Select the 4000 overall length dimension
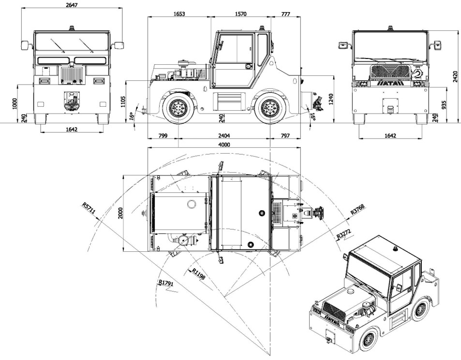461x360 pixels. [x=224, y=144]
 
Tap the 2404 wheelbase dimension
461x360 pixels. [x=224, y=136]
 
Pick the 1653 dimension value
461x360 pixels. [x=179, y=14]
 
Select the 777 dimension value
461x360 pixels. [x=285, y=14]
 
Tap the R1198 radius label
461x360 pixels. [x=199, y=274]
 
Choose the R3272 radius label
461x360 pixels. [x=344, y=235]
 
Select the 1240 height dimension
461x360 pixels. [x=331, y=100]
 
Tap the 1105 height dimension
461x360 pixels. [x=124, y=101]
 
